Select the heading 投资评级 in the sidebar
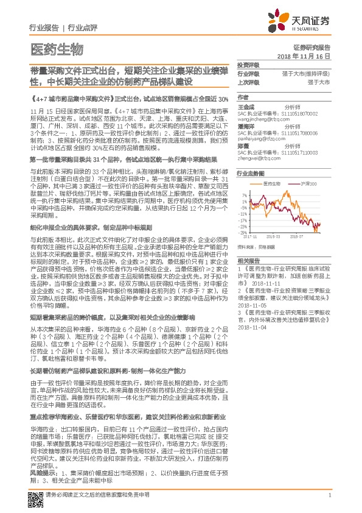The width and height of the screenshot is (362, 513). coord(248,64)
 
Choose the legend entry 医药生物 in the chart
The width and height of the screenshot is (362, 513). coord(271,183)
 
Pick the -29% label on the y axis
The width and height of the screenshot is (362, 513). coord(243,233)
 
